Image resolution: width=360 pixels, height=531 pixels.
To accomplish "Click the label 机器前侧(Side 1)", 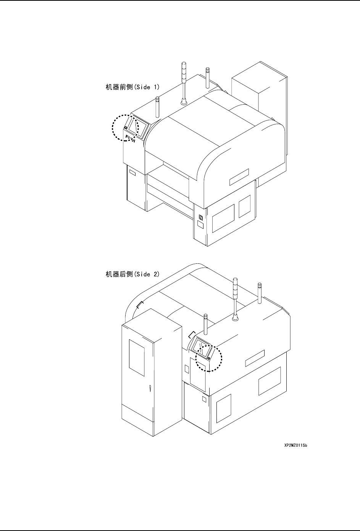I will click(132, 87).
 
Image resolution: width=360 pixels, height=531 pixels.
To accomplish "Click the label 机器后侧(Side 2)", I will click(132, 274).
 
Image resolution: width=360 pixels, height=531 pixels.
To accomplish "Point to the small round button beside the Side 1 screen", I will click(126, 128).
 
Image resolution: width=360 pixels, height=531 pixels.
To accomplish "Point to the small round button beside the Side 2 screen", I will click(209, 359).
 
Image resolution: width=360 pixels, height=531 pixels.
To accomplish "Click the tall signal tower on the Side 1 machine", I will click(183, 82).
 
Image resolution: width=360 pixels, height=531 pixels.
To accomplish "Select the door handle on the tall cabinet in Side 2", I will click(150, 390).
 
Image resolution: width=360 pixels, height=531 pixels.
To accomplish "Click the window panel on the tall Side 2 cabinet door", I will click(137, 355).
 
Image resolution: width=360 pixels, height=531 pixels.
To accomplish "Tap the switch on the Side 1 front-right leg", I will click(200, 218).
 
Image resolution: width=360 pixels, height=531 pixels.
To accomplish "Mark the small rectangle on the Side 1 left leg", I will click(132, 173).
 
